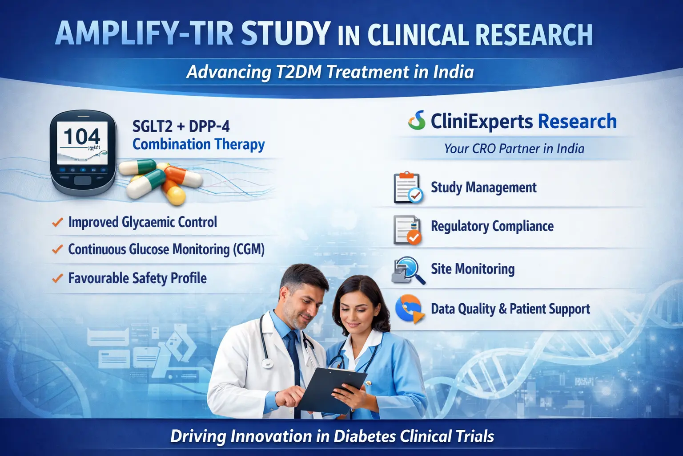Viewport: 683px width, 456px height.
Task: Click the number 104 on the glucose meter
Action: click(82, 137)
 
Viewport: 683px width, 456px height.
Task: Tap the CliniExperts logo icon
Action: click(417, 120)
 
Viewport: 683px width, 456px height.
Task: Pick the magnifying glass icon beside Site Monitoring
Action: click(408, 269)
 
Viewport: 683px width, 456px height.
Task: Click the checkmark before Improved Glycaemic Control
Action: click(57, 222)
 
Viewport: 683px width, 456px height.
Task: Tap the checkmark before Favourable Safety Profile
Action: click(57, 279)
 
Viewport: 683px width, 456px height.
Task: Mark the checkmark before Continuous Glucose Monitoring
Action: click(57, 249)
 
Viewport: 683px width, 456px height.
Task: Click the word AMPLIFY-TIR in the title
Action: click(144, 33)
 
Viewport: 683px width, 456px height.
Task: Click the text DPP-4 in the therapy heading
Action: click(209, 126)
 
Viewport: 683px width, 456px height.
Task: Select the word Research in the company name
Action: click(577, 121)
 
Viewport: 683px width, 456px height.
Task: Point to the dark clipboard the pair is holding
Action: click(331, 387)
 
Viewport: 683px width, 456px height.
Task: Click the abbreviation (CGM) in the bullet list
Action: click(248, 249)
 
